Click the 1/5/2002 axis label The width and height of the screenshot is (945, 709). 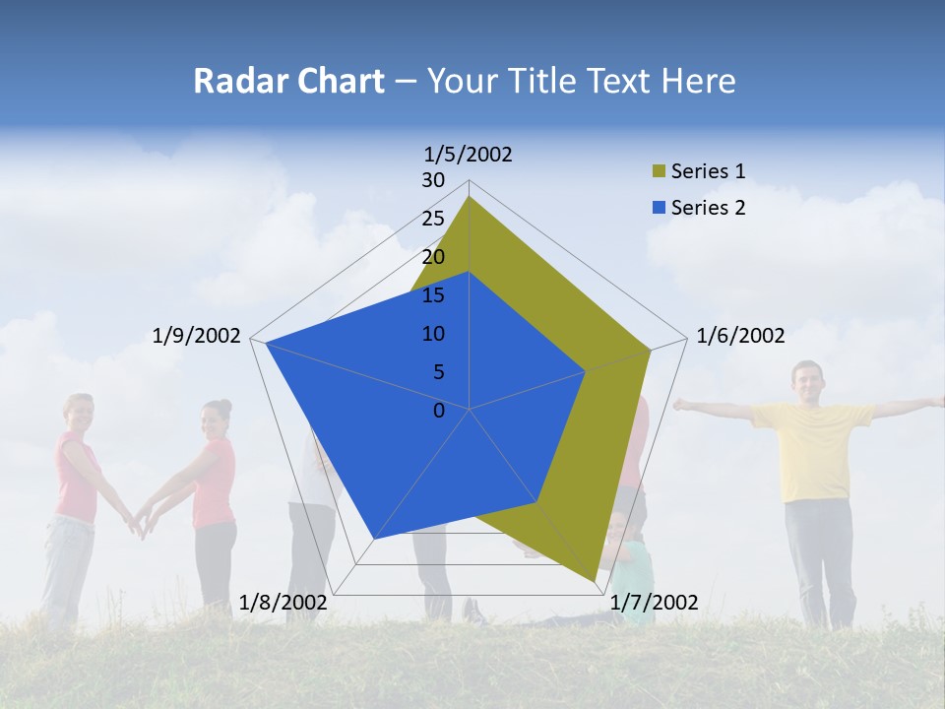pyautogui.click(x=469, y=154)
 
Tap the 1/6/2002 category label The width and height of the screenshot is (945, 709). pyautogui.click(x=740, y=336)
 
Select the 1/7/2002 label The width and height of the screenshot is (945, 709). pyautogui.click(x=655, y=602)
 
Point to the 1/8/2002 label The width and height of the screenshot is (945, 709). pyautogui.click(x=283, y=602)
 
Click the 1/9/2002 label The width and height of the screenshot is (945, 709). pyautogui.click(x=197, y=336)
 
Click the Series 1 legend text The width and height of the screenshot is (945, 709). pyautogui.click(x=708, y=171)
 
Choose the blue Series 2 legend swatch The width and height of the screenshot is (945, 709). pyautogui.click(x=660, y=207)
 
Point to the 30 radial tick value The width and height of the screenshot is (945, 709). pyautogui.click(x=433, y=180)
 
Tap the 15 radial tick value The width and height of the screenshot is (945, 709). pyautogui.click(x=433, y=295)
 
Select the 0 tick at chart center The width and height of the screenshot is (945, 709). pyautogui.click(x=439, y=411)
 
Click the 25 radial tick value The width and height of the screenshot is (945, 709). pyautogui.click(x=433, y=219)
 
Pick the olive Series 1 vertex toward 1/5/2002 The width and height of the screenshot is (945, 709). pyautogui.click(x=470, y=197)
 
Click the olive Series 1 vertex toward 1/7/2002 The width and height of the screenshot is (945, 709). pyautogui.click(x=596, y=581)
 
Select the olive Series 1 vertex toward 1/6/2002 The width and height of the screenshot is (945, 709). pyautogui.click(x=651, y=350)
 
